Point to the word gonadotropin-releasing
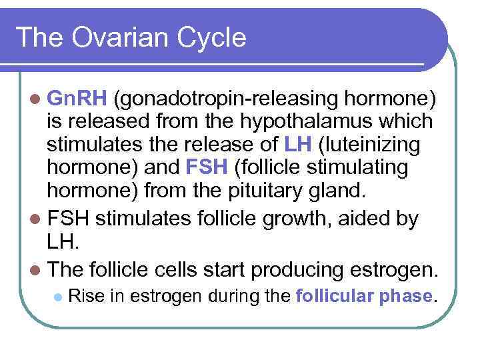coord(226,100)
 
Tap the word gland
coord(340,190)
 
